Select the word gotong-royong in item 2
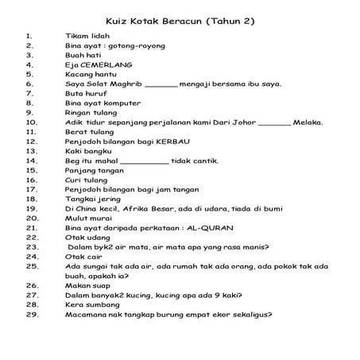136,45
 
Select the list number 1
29,36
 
